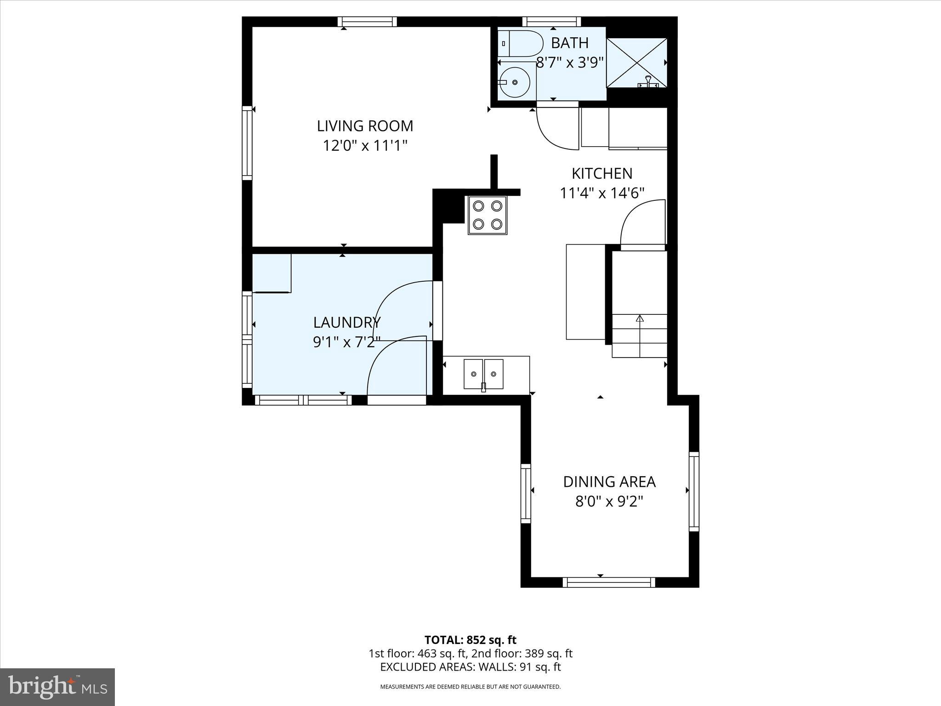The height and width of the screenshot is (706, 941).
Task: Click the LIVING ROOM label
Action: coord(365,126)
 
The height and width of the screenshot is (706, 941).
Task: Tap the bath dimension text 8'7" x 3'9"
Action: coord(570,63)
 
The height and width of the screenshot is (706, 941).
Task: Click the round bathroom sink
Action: coord(515,82)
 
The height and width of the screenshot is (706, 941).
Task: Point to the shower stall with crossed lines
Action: coord(636,63)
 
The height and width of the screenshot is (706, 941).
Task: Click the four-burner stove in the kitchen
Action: coord(487,215)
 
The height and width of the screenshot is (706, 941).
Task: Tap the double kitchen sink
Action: coord(483,374)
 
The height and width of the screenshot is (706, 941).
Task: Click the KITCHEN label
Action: coord(602,173)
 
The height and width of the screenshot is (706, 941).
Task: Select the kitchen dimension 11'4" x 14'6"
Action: coord(602,194)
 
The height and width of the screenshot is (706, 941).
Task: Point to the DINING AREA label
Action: coord(609,482)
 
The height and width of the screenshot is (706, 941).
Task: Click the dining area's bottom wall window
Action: coord(609,582)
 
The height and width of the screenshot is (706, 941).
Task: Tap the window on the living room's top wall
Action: coord(367,22)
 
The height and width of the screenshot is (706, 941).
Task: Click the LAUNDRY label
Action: coord(347,323)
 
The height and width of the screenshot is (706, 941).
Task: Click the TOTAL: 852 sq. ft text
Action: coord(470,640)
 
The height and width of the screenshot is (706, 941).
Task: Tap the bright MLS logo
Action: coord(57,687)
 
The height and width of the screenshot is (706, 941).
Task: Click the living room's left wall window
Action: coord(247,142)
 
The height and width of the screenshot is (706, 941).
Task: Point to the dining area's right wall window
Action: coord(694,490)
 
